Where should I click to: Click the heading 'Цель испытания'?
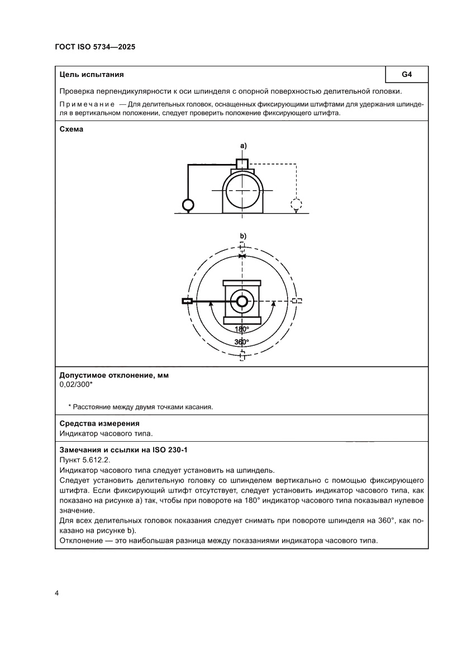92,74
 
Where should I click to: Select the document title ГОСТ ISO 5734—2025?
95,47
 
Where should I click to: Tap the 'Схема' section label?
72,129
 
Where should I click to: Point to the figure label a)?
243,145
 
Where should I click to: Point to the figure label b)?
243,236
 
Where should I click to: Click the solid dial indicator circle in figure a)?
188,205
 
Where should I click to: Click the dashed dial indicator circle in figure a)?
296,204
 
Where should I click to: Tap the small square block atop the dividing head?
242,163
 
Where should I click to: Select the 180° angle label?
242,329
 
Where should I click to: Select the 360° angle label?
242,341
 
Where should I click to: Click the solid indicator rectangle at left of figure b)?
187,301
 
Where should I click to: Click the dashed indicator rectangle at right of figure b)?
298,301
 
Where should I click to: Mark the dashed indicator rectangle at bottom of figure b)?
242,356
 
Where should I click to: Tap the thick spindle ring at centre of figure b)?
242,301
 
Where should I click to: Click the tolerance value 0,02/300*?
76,384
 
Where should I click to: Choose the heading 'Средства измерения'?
99,423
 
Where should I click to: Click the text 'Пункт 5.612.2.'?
84,460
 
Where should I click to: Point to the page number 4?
57,592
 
